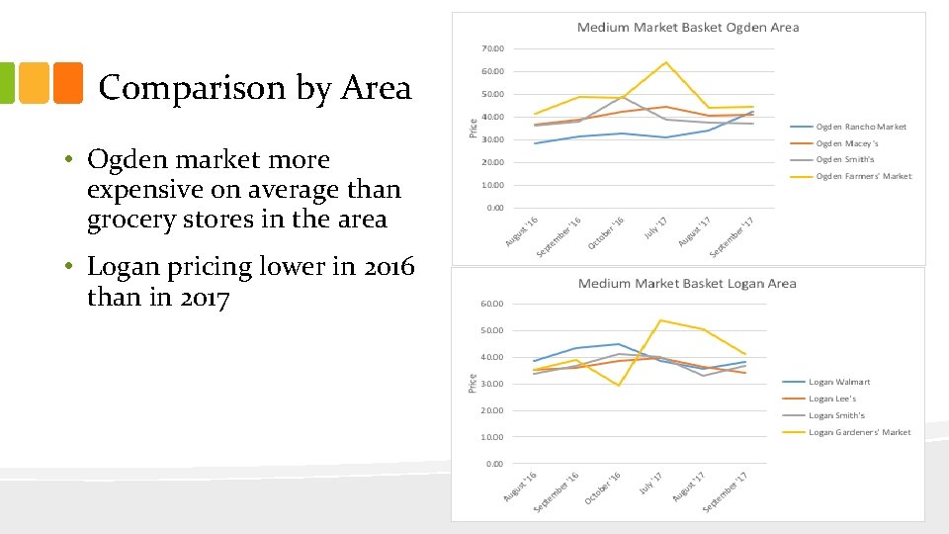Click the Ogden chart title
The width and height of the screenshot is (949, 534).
click(x=688, y=27)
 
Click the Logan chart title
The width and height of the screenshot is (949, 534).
click(x=687, y=284)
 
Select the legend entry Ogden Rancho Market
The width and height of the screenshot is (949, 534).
click(x=860, y=127)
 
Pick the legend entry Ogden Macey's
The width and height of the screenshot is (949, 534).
click(x=847, y=143)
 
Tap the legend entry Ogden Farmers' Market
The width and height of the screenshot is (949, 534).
click(x=863, y=176)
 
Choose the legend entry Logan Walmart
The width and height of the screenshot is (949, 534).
click(x=839, y=382)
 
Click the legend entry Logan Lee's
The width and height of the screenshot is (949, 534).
click(x=832, y=399)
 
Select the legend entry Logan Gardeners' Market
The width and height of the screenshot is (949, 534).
click(x=859, y=432)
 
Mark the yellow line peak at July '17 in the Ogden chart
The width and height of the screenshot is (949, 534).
click(x=665, y=62)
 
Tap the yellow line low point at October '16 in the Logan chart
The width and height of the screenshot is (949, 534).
click(x=620, y=386)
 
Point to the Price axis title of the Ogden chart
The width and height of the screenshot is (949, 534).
click(x=473, y=127)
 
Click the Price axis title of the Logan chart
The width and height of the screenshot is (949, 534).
click(x=473, y=382)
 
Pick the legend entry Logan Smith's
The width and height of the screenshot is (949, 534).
click(x=836, y=415)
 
